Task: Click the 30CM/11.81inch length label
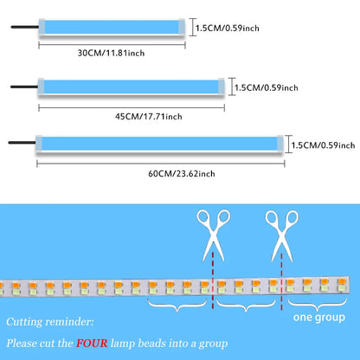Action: tap(111, 53)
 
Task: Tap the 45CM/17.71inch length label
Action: tap(149, 117)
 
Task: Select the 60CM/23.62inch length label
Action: tap(182, 174)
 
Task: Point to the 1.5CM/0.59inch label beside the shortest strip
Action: tap(228, 28)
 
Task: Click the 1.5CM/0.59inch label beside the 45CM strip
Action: tap(267, 87)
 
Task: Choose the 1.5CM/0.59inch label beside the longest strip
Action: tap(323, 145)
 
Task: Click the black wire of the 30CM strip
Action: tap(25, 27)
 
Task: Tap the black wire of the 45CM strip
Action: tap(24, 87)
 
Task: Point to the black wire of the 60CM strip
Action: tap(22, 143)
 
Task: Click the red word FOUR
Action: tap(92, 344)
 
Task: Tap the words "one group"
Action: tap(319, 318)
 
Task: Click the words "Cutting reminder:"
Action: tap(50, 322)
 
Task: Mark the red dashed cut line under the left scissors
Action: tap(213, 280)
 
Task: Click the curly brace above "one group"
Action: tap(317, 305)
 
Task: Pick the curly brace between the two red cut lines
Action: tap(246, 306)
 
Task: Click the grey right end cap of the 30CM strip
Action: tap(182, 27)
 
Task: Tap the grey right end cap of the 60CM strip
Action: tap(280, 144)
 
